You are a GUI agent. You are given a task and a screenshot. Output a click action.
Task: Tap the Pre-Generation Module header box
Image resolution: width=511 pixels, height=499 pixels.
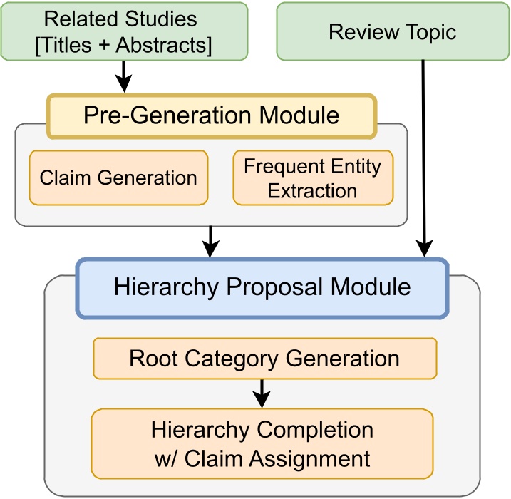point(211,116)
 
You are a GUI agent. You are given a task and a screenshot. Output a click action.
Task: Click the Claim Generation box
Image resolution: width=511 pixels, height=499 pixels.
point(118,178)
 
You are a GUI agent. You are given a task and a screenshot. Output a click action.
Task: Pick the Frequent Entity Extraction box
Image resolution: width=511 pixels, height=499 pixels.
point(313,178)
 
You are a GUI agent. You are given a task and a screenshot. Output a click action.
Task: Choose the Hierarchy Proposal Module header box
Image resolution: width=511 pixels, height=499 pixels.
point(262,287)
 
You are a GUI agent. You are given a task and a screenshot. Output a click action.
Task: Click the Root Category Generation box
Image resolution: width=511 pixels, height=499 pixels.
point(264,358)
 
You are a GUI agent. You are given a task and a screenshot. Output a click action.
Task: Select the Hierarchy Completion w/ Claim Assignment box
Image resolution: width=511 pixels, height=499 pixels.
point(262,443)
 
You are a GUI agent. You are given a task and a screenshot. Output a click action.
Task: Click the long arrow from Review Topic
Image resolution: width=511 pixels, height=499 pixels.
point(425,157)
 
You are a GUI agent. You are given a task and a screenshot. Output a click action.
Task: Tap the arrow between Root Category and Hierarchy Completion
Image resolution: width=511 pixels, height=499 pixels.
point(262,391)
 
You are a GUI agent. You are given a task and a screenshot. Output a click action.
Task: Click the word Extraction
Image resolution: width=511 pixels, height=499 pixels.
point(313,190)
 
